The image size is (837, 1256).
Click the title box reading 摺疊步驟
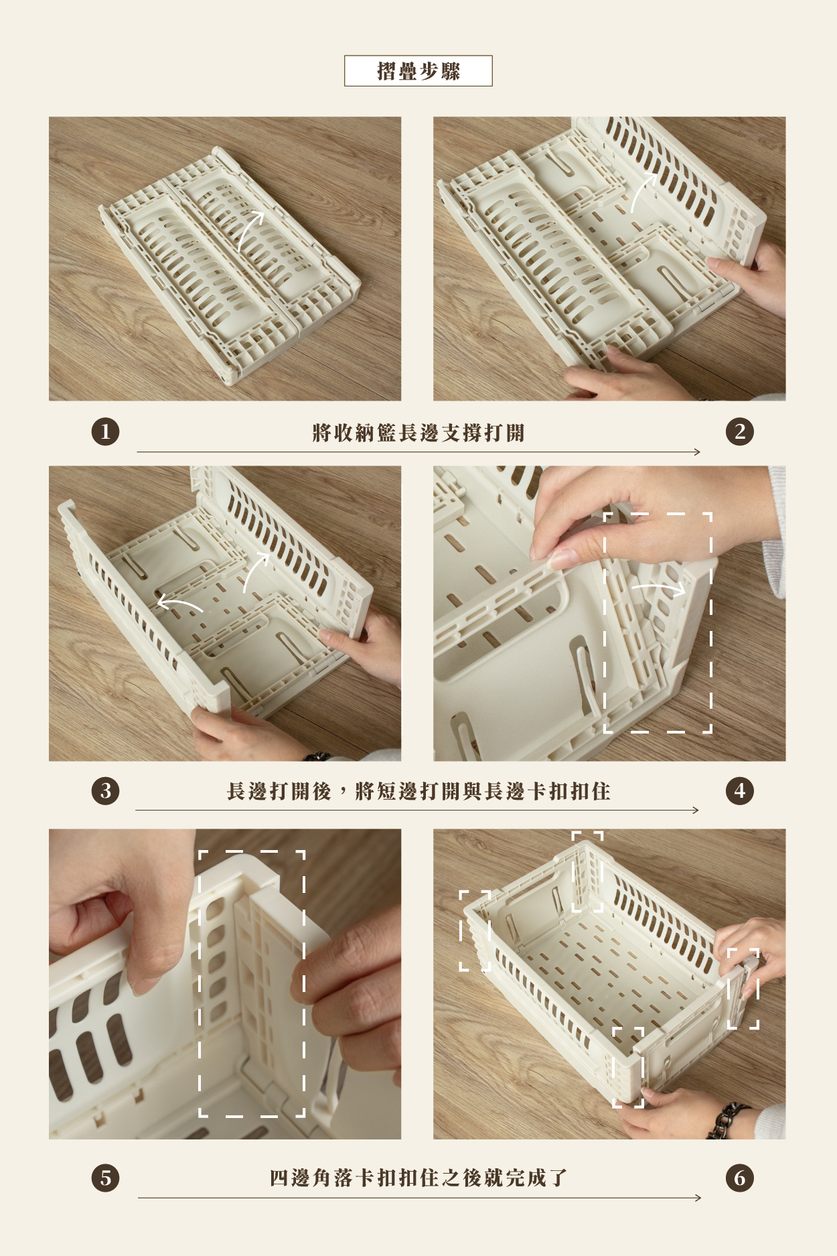click(418, 71)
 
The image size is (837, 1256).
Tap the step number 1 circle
click(105, 431)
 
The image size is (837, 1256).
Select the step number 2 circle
click(739, 431)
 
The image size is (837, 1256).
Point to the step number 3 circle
click(105, 790)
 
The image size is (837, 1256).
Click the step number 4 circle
click(739, 790)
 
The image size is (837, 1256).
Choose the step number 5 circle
click(105, 1178)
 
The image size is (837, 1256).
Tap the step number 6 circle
click(739, 1178)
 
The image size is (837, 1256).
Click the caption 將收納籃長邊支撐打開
click(418, 433)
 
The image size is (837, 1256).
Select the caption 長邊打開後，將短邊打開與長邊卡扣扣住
click(418, 791)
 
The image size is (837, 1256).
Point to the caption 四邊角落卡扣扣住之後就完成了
click(418, 1178)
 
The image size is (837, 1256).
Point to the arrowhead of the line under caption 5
click(698, 1198)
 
